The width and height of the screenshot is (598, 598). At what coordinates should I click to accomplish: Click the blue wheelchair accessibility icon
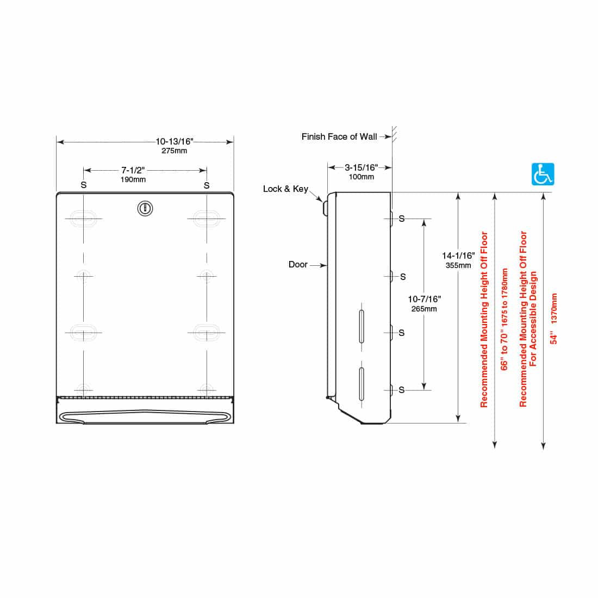[x=543, y=174]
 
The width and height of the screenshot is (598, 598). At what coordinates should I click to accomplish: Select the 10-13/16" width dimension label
[x=175, y=142]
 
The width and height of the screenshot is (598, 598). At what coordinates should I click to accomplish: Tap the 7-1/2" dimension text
[x=133, y=171]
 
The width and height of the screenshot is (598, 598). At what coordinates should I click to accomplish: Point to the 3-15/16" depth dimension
[x=362, y=168]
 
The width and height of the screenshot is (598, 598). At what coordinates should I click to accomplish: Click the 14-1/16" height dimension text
[x=458, y=256]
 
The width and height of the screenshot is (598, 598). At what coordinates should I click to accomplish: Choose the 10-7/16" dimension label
[x=424, y=299]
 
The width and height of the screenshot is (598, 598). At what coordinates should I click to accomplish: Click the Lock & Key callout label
[x=285, y=189]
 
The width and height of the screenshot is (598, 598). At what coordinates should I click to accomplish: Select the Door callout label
[x=298, y=265]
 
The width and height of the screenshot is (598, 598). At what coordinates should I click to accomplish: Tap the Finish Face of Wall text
[x=339, y=137]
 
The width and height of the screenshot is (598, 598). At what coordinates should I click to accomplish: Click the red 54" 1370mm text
[x=554, y=319]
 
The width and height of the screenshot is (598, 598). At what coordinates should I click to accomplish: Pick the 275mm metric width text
[x=175, y=151]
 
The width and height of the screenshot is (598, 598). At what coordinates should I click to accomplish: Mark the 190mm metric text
[x=133, y=179]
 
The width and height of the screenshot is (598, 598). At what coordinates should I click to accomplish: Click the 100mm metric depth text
[x=362, y=177]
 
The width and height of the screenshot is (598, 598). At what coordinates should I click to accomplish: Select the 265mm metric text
[x=424, y=309]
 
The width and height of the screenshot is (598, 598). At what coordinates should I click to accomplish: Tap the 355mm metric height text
[x=458, y=265]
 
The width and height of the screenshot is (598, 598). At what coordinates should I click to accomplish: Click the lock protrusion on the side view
[x=325, y=207]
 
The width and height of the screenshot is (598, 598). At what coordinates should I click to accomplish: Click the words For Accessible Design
[x=533, y=319]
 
